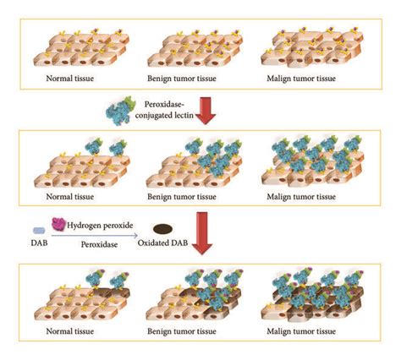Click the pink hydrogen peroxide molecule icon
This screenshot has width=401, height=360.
[x=58, y=225]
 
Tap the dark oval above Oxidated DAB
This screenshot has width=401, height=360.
[x=162, y=229]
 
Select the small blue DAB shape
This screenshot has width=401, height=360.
[x=39, y=231]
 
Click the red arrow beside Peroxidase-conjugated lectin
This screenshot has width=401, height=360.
[x=205, y=111]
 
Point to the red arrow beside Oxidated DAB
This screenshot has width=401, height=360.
[x=202, y=233]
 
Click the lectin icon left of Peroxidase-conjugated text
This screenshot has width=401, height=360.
[x=120, y=111]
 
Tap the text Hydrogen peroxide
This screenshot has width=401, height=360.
[x=100, y=226]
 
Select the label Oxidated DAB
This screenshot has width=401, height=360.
[x=162, y=243]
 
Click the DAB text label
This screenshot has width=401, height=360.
[x=39, y=243]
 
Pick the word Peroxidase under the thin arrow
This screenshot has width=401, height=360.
[x=99, y=244]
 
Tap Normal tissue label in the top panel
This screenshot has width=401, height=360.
[x=70, y=78]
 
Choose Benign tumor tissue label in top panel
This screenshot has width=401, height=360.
[x=182, y=79]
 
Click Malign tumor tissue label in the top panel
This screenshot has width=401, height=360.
[x=301, y=79]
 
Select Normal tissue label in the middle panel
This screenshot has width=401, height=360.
[x=70, y=196]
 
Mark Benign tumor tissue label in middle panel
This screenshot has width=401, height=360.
[x=182, y=197]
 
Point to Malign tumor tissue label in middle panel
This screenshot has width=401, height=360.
[x=301, y=197]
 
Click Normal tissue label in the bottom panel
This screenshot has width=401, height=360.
[x=70, y=331]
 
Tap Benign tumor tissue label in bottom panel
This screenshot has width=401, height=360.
[x=182, y=331]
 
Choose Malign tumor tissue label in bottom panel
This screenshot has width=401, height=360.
[x=301, y=331]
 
